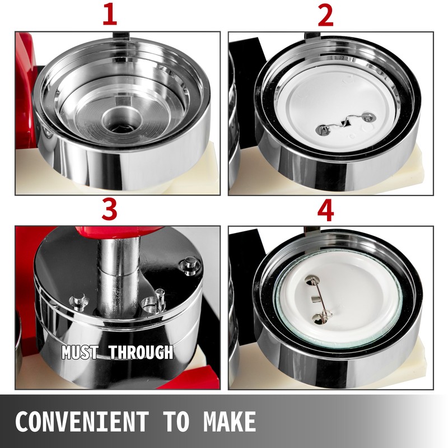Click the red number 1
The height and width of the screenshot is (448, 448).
click(x=110, y=15)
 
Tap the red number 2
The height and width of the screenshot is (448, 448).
click(x=326, y=16)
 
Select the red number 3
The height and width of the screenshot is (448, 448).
click(x=109, y=209)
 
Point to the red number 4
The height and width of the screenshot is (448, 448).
click(x=326, y=210)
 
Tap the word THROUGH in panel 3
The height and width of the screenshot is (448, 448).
click(x=141, y=352)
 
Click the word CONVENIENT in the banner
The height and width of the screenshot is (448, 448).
click(x=82, y=422)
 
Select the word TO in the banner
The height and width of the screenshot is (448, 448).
click(x=176, y=422)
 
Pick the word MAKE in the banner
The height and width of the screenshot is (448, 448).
click(x=230, y=422)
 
